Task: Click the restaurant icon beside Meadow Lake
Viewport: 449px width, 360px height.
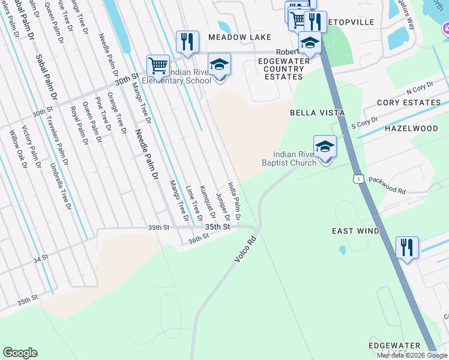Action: (187, 42)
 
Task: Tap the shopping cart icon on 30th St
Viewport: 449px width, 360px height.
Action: (158, 65)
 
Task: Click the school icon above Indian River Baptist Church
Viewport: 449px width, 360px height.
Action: (325, 146)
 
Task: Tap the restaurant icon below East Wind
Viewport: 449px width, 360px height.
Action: (407, 247)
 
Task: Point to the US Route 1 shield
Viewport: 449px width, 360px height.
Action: (358, 179)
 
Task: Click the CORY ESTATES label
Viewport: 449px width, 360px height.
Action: (409, 103)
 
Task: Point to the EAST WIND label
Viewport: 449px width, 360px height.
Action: (355, 231)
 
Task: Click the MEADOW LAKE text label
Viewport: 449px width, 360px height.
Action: (231, 37)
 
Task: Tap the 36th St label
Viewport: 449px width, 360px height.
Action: (197, 238)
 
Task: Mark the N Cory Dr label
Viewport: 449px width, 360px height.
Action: (420, 91)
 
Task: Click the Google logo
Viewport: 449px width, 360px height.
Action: (20, 353)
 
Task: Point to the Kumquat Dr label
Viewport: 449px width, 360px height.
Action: (207, 202)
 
